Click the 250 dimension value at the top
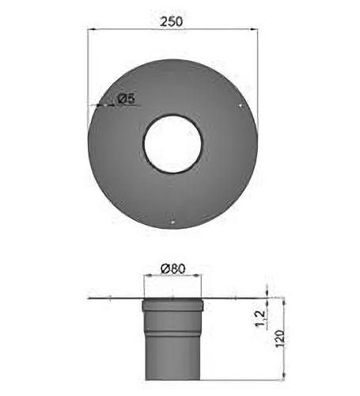pos(172,21)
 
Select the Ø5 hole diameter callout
pos(127,99)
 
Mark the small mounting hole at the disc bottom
pos(172,223)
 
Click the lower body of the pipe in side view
pos(172,348)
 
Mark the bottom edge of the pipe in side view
pos(172,379)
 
